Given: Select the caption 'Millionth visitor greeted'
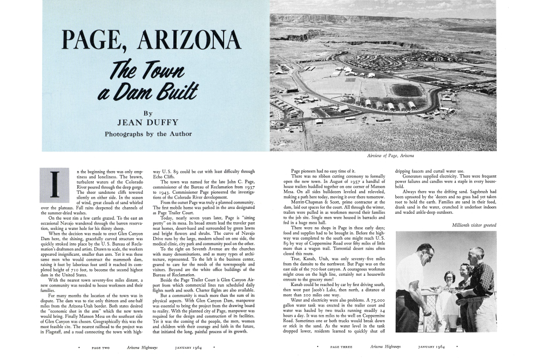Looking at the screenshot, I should coord(471,224).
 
